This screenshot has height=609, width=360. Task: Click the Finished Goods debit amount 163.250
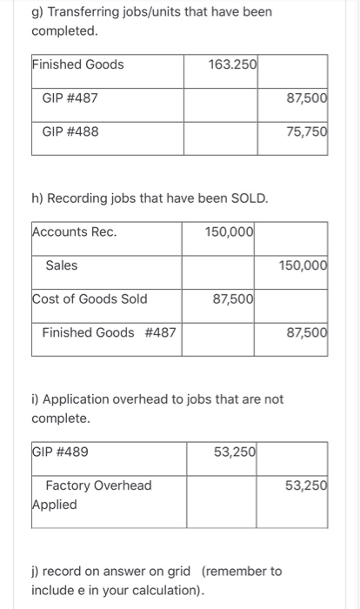tap(232, 64)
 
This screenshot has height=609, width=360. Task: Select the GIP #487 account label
tap(70, 98)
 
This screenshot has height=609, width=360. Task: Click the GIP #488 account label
tap(70, 132)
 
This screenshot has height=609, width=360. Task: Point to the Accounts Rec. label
tap(74, 231)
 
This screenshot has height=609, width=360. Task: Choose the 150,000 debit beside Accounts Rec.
tap(230, 231)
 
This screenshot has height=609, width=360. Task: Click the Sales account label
tap(61, 265)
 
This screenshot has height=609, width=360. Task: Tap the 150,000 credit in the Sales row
tap(303, 265)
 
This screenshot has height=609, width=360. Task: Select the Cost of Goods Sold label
tap(90, 299)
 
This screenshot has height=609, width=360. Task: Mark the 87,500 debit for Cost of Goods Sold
tap(233, 299)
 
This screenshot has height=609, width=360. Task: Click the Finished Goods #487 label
tap(101, 332)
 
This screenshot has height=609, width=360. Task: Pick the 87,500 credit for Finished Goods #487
tap(306, 332)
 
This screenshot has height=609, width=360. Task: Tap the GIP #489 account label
tap(60, 452)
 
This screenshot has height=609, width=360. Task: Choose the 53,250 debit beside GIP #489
tap(234, 452)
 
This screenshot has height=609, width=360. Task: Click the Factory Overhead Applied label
tap(91, 494)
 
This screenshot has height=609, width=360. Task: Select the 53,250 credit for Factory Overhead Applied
tap(306, 485)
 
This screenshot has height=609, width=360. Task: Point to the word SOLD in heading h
tap(248, 198)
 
